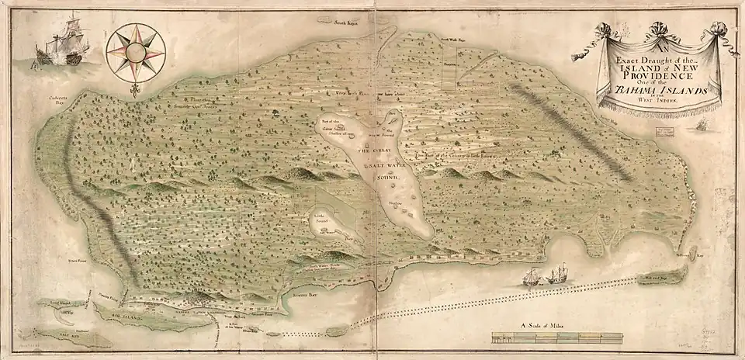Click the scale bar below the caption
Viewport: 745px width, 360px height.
pos(557,337)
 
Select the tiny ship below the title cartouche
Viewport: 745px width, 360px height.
pos(702,124)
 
